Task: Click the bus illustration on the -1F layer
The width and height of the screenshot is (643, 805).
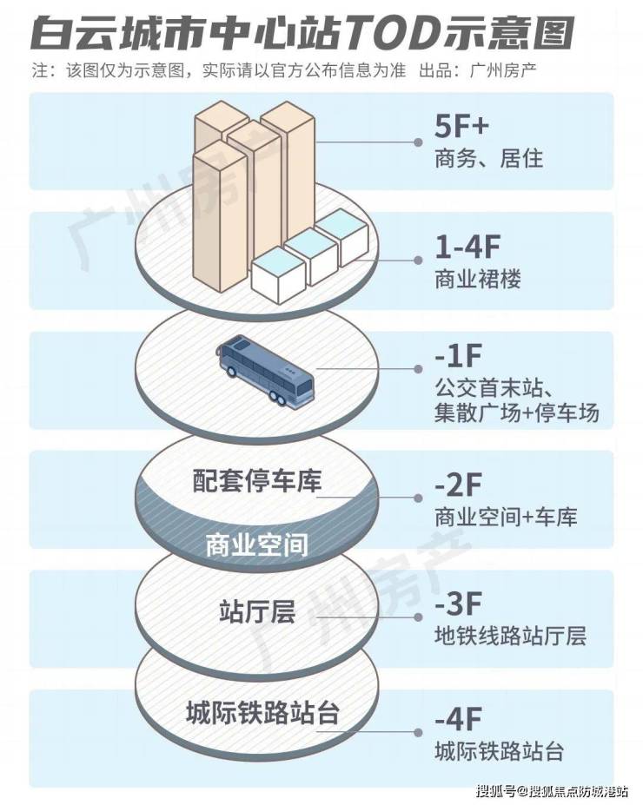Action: (x=267, y=372)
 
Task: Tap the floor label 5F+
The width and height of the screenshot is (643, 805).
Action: (x=462, y=128)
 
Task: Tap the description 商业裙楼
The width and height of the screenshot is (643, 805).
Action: (x=477, y=280)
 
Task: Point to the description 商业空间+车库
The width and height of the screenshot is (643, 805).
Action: (x=506, y=518)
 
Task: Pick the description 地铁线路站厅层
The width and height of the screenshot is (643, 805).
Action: (x=510, y=635)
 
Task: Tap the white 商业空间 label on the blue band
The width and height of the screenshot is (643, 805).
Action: (x=257, y=546)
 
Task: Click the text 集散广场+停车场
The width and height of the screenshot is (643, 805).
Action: (x=516, y=412)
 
